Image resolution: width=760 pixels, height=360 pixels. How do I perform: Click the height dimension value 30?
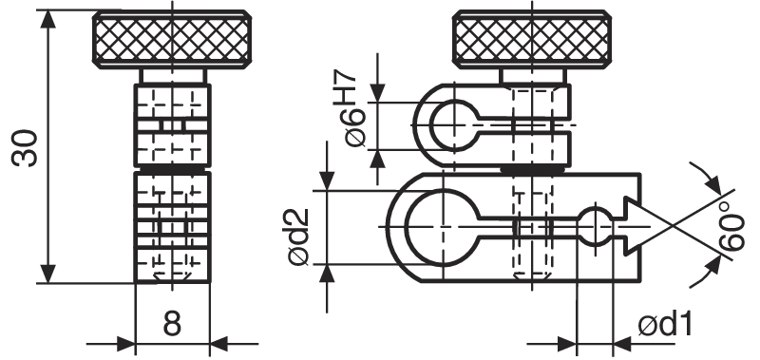click(x=26, y=148)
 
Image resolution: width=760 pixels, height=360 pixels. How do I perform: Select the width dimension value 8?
click(x=172, y=324)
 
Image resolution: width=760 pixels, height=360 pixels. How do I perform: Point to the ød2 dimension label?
click(x=298, y=237)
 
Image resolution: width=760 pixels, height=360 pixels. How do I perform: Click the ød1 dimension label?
click(x=664, y=324)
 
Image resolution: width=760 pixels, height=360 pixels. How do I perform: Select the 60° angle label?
click(x=732, y=225)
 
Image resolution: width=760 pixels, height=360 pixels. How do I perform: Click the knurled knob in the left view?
click(x=172, y=40)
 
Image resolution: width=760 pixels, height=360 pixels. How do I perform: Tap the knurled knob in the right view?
click(x=532, y=40)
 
